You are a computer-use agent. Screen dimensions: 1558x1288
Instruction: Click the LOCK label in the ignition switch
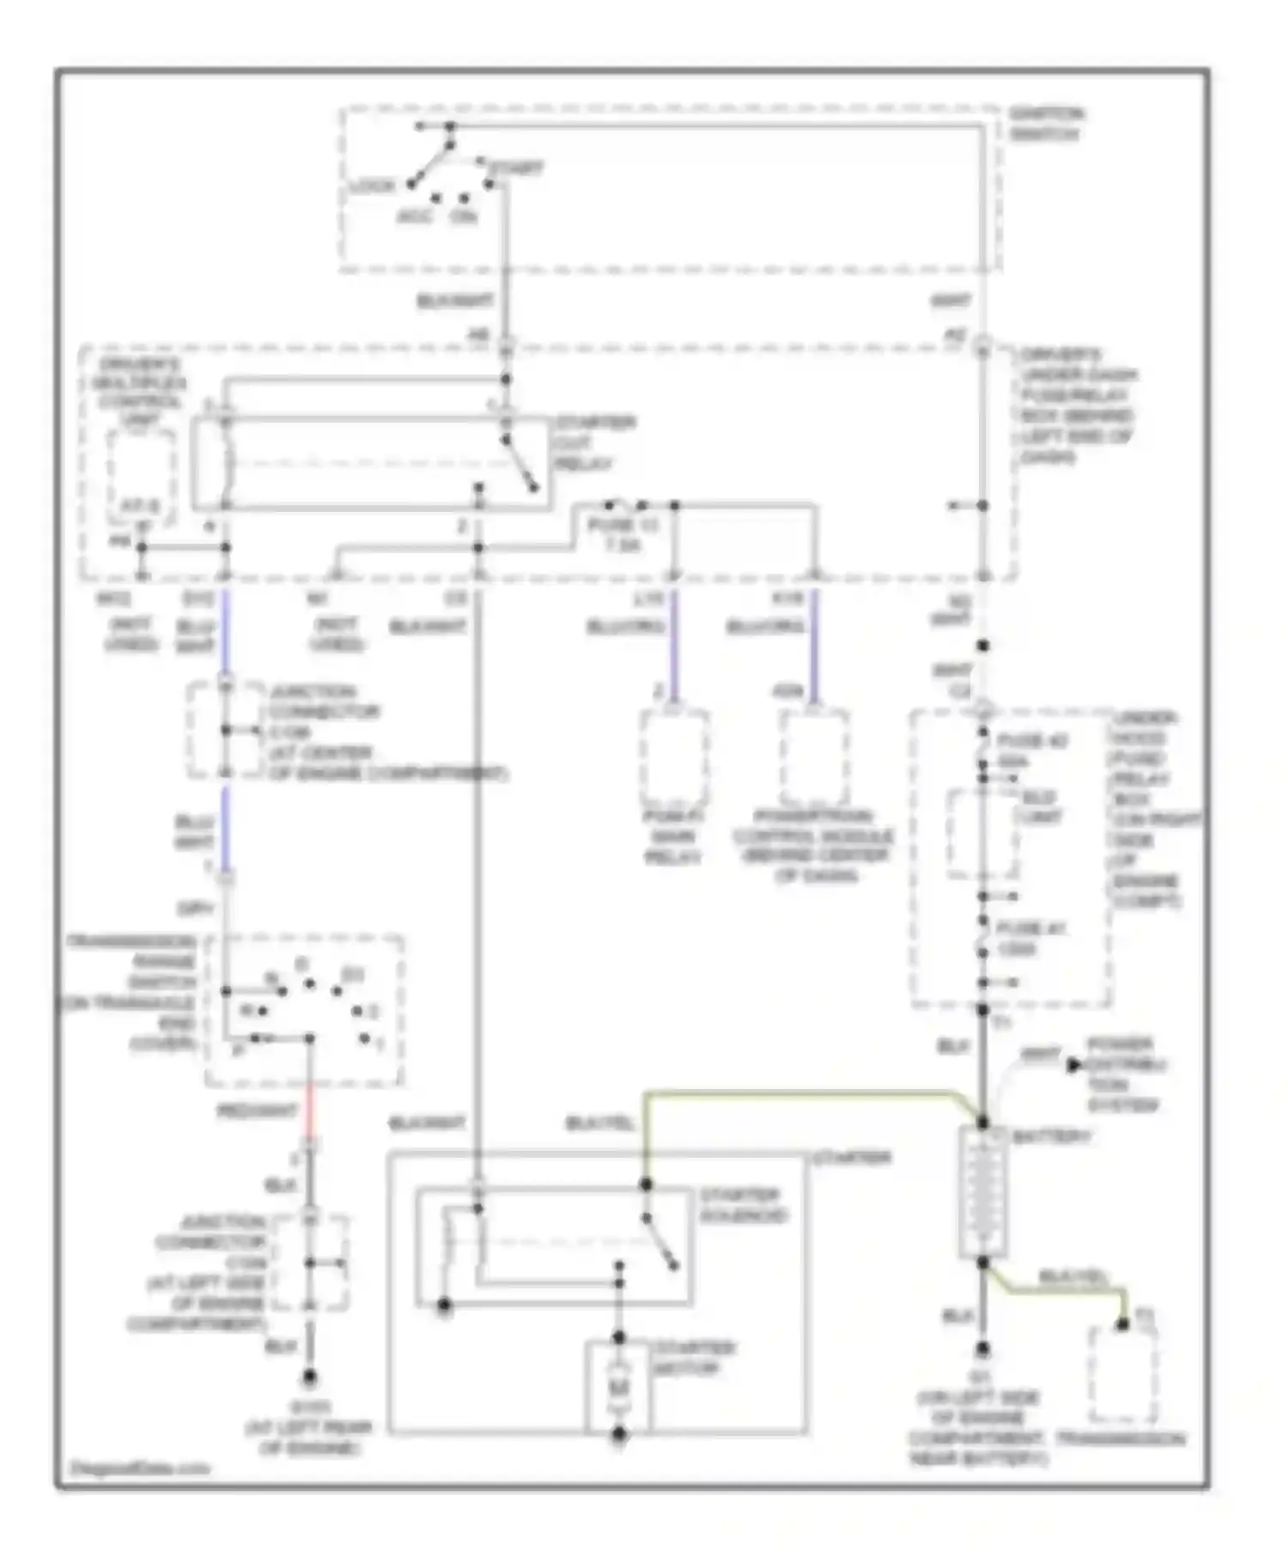[x=372, y=186]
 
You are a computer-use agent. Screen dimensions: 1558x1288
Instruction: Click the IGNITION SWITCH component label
[x=1045, y=124]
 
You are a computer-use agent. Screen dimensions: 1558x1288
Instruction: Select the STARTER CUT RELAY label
[x=593, y=442]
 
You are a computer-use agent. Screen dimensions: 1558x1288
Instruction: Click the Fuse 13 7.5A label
[x=621, y=534]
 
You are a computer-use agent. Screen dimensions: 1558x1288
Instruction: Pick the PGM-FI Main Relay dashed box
[x=674, y=757]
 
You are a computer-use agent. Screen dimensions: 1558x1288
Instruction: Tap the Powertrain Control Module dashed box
[x=814, y=757]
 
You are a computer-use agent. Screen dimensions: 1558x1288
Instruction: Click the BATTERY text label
[x=1051, y=1136]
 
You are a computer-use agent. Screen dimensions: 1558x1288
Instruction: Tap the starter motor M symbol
[x=618, y=1388]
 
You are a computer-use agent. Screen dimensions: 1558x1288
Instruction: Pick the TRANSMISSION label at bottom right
[x=1121, y=1439]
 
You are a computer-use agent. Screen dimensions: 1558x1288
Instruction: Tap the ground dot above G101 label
[x=309, y=1378]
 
